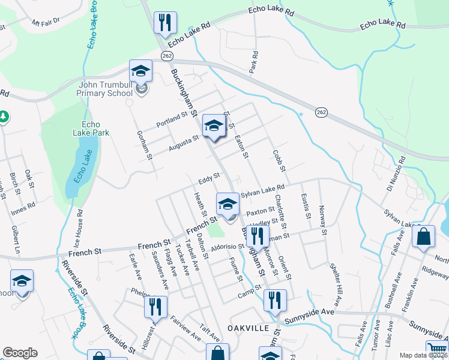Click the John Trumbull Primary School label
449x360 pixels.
point(105,89)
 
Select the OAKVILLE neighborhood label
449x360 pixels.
point(247,328)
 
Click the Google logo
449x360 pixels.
point(20,353)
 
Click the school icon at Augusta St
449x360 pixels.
point(212,125)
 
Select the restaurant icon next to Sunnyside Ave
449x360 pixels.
point(275,299)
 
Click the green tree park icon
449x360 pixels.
point(3,116)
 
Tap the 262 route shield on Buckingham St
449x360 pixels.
point(167,55)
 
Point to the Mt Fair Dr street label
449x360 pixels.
point(47,23)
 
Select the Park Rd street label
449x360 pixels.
point(255,62)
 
